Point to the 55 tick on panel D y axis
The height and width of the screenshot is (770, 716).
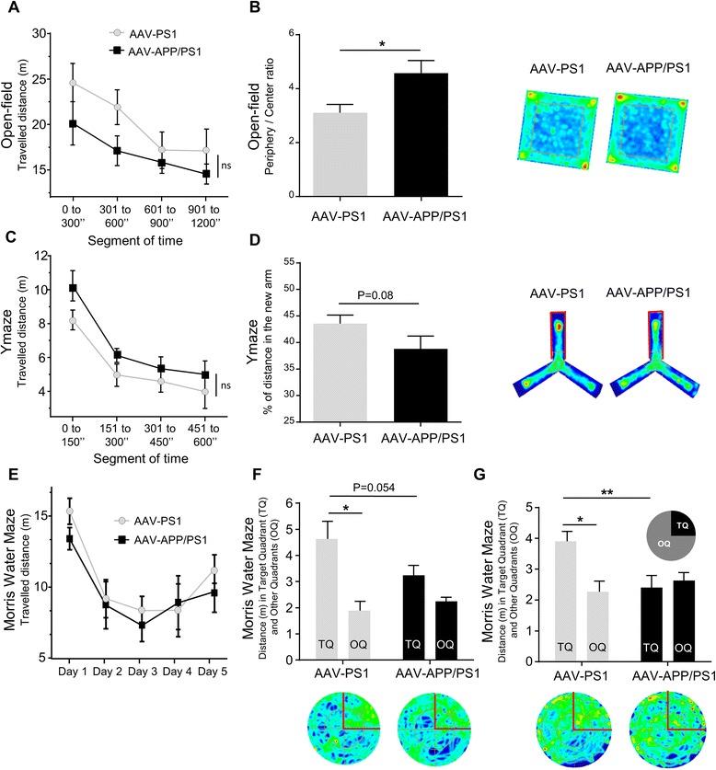click(294, 262)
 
